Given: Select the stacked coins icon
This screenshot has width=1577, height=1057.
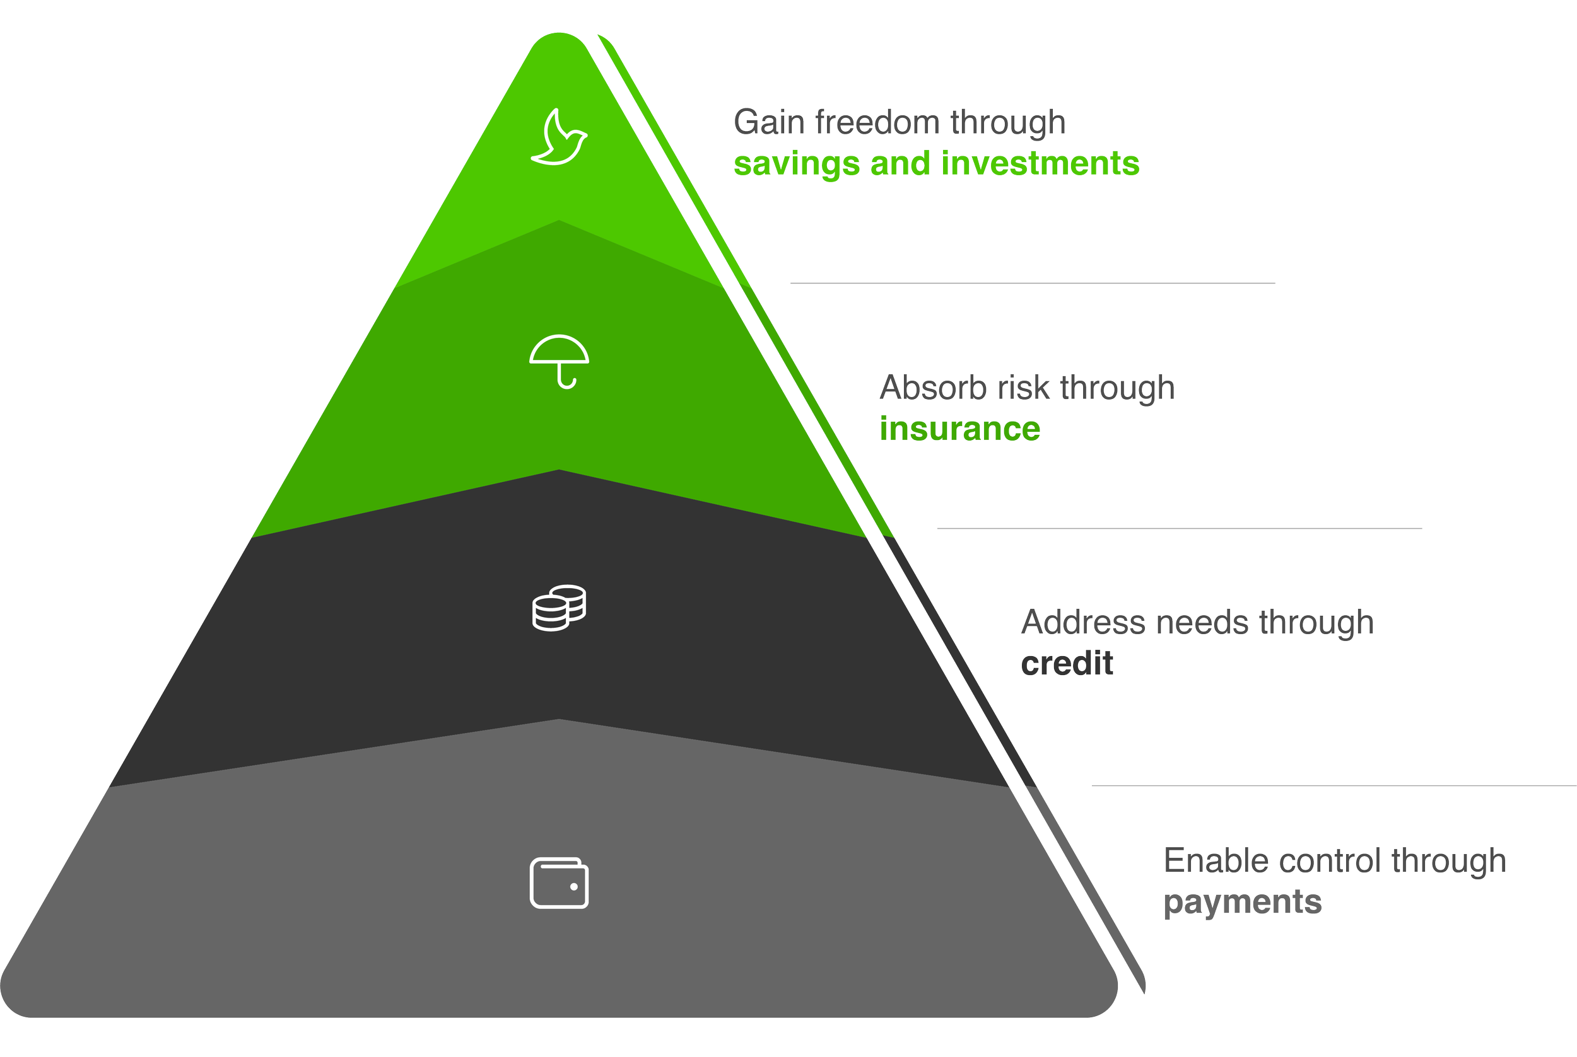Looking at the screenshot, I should pyautogui.click(x=559, y=608).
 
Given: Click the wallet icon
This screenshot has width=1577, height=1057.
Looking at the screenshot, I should pyautogui.click(x=559, y=883).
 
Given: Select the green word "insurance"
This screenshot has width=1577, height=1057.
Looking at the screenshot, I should pyautogui.click(x=960, y=429).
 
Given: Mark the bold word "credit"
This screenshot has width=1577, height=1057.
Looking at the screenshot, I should pyautogui.click(x=1067, y=664).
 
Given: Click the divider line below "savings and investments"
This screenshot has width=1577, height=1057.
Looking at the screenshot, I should pyautogui.click(x=1032, y=283).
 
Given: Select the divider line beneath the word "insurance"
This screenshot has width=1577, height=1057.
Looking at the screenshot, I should pyautogui.click(x=1179, y=528).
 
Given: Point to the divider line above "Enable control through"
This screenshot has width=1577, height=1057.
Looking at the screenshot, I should pyautogui.click(x=1334, y=785).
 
